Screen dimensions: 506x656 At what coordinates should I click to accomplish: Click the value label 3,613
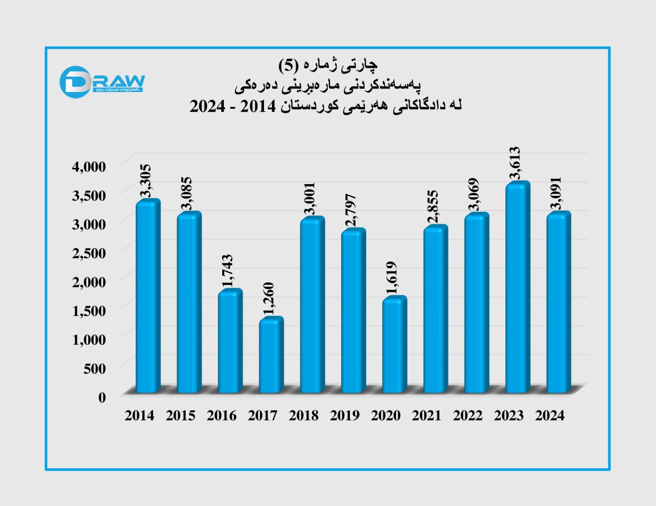tap(515, 163)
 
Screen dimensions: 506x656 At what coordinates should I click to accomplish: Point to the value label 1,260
tap(269, 299)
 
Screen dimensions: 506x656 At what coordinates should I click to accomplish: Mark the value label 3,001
tap(310, 199)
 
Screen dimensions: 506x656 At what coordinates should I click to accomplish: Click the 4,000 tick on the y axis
tap(89, 167)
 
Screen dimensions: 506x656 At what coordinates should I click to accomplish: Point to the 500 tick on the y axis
tap(95, 368)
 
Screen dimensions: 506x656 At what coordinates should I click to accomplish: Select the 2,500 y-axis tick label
tap(89, 253)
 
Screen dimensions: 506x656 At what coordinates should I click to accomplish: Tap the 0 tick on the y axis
tap(102, 397)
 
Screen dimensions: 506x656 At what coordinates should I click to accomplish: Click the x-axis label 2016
tap(221, 416)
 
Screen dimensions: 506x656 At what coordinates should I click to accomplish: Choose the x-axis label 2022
tap(468, 416)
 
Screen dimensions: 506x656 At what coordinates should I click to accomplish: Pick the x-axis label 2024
tap(550, 416)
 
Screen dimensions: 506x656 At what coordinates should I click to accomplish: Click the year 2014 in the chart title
tap(258, 106)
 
